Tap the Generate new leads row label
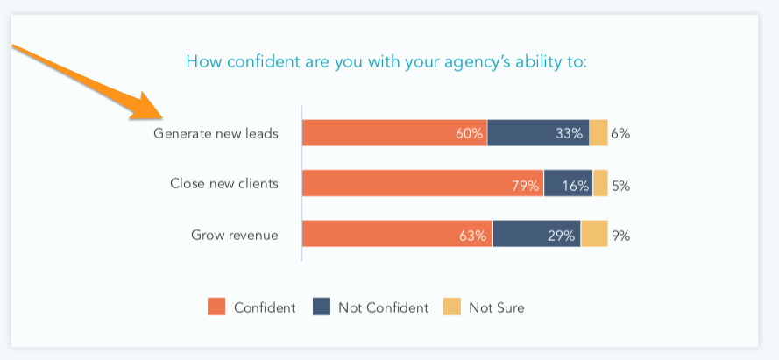pos(216,134)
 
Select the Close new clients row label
pos(224,184)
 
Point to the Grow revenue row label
pos(234,235)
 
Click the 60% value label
pos(469,134)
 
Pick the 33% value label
pos(569,134)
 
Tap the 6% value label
pos(620,134)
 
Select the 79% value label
pos(525,185)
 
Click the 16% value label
pos(575,185)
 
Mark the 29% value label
pos(561,236)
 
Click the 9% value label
pos(621,236)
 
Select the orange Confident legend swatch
pos(216,307)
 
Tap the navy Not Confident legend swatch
pos(321,307)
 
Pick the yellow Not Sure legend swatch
pos(451,307)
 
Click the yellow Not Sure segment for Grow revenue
pos(594,235)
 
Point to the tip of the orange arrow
pos(160,118)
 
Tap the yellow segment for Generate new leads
pos(598,133)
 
